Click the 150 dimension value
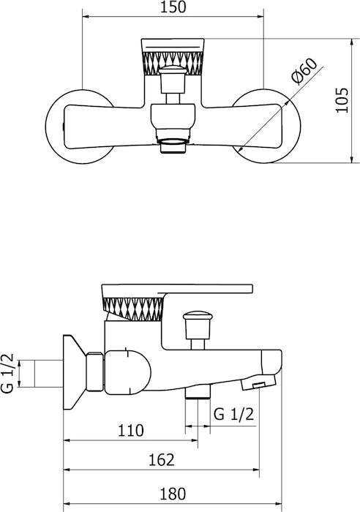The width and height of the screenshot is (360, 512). (x=173, y=7)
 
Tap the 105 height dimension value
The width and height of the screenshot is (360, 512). (x=342, y=100)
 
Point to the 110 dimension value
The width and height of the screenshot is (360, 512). (x=131, y=430)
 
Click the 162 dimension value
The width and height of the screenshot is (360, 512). (x=162, y=460)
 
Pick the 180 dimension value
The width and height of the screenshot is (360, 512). (x=173, y=494)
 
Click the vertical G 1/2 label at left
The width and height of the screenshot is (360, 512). (x=7, y=373)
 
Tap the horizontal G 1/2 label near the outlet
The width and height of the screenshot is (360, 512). (x=233, y=415)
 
